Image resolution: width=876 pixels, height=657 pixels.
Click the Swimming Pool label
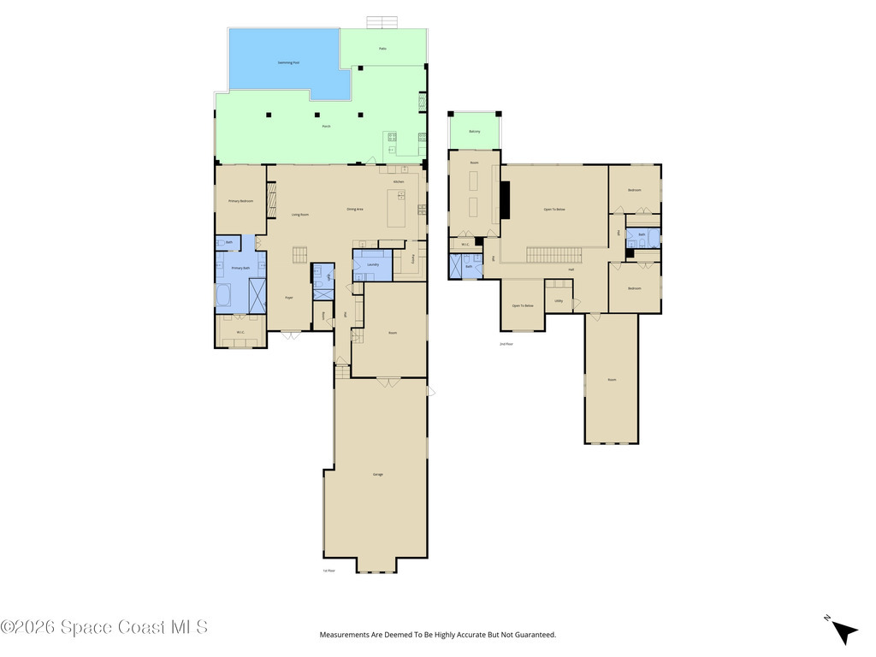288,62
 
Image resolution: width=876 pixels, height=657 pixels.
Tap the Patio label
382,48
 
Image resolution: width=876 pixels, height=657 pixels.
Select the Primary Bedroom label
240,201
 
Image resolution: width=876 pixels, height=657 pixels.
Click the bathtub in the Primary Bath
223,295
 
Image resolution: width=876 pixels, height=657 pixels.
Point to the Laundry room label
372,265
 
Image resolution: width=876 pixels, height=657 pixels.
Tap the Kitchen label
399,182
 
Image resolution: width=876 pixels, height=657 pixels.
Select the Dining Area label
355,209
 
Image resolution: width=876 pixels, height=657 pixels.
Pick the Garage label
377,474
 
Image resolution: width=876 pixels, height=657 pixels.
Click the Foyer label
289,298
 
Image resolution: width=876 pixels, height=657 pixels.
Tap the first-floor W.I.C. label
240,332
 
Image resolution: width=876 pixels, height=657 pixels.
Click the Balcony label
475,131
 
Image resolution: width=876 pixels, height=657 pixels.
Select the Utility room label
559,301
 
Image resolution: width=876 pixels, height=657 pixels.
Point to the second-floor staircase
553,254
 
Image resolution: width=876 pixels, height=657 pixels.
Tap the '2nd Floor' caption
506,344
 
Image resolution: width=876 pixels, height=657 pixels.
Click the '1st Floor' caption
328,571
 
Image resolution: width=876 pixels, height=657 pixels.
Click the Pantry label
412,257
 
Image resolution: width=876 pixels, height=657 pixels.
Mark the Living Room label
299,215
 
